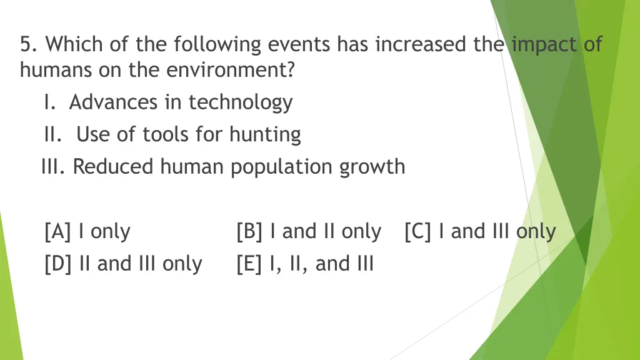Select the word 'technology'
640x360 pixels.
coord(241,102)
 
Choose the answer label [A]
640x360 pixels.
coord(58,232)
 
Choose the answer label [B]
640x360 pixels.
coord(250,232)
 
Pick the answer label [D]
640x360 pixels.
coord(59,264)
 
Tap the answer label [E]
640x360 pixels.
coord(249,264)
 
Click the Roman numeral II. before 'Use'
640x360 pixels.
coord(53,134)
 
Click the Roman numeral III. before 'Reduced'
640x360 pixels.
coord(54,167)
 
